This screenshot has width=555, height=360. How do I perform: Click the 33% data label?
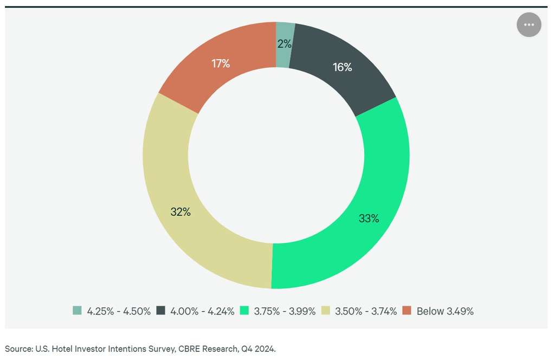pos(369,219)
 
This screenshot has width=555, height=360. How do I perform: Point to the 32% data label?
pos(180,212)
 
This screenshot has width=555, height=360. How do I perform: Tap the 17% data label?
pos(221,63)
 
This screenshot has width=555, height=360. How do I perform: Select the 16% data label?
pos(343,67)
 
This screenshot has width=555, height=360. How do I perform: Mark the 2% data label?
pos(284,44)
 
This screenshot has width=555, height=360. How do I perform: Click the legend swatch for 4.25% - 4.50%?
pos(78,311)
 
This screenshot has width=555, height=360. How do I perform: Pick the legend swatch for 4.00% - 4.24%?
pos(161,311)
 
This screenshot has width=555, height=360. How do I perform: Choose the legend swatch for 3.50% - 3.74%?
pos(326,311)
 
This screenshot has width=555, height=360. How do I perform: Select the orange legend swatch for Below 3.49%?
pos(407,311)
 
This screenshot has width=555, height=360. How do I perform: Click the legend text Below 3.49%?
pos(445,311)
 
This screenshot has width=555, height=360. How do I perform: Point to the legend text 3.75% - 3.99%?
pos(284,311)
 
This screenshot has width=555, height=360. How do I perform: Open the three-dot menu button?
pos(529,24)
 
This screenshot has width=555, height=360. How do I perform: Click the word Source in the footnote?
pos(17,349)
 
